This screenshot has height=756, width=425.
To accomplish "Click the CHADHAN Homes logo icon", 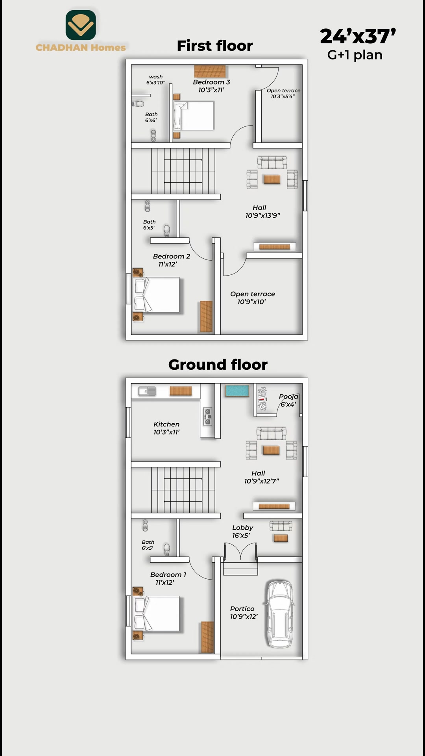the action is pyautogui.click(x=81, y=25).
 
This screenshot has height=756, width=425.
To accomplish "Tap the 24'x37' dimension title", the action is pyautogui.click(x=358, y=36).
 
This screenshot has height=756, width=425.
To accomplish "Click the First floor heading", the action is pyautogui.click(x=215, y=46).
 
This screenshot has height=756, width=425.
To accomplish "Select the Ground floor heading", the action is pyautogui.click(x=218, y=365).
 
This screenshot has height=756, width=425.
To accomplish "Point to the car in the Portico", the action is pyautogui.click(x=280, y=614).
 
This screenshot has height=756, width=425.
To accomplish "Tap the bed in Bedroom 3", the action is pyautogui.click(x=194, y=116).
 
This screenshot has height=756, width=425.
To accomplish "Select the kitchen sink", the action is pyautogui.click(x=147, y=391).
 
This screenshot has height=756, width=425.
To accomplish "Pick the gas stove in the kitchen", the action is pyautogui.click(x=207, y=416).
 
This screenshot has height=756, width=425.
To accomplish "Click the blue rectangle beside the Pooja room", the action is pyautogui.click(x=237, y=391).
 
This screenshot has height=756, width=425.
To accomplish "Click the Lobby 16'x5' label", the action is pyautogui.click(x=242, y=532).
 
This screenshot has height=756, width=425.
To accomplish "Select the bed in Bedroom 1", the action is pyautogui.click(x=157, y=614).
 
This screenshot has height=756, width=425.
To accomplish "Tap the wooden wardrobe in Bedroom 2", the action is pyautogui.click(x=206, y=316).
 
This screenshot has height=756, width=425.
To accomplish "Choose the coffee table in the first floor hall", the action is pyautogui.click(x=272, y=180).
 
